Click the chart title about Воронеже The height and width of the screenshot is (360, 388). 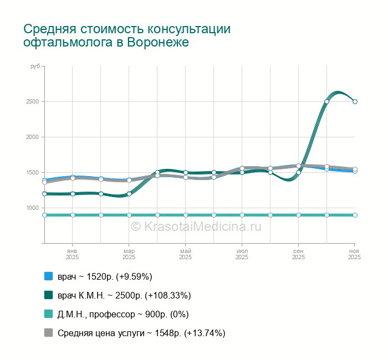pyautogui.click(x=127, y=35)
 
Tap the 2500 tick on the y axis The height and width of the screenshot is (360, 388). pyautogui.click(x=31, y=101)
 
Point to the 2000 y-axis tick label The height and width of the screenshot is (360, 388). pyautogui.click(x=31, y=137)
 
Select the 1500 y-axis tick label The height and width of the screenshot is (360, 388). pyautogui.click(x=31, y=172)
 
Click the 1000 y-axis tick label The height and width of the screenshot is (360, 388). pyautogui.click(x=31, y=208)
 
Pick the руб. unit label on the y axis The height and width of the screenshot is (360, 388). pyautogui.click(x=35, y=66)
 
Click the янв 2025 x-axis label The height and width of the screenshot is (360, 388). pyautogui.click(x=72, y=254)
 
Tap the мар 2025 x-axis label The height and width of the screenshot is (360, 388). pyautogui.click(x=129, y=254)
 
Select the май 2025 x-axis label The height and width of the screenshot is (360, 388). pyautogui.click(x=185, y=254)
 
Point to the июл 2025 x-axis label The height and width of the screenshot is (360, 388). pyautogui.click(x=242, y=254)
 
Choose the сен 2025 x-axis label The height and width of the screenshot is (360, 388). pyautogui.click(x=298, y=254)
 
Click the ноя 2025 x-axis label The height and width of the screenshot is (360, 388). pyautogui.click(x=354, y=254)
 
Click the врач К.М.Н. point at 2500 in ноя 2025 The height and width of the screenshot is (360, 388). pyautogui.click(x=355, y=101)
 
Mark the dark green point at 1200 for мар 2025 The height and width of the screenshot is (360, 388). pyautogui.click(x=129, y=194)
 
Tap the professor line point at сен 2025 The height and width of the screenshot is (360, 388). pyautogui.click(x=298, y=215)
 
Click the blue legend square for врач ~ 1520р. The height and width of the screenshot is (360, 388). pyautogui.click(x=48, y=276)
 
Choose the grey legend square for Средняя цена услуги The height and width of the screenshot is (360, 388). pyautogui.click(x=48, y=333)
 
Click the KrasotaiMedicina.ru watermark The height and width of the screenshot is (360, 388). pyautogui.click(x=195, y=226)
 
